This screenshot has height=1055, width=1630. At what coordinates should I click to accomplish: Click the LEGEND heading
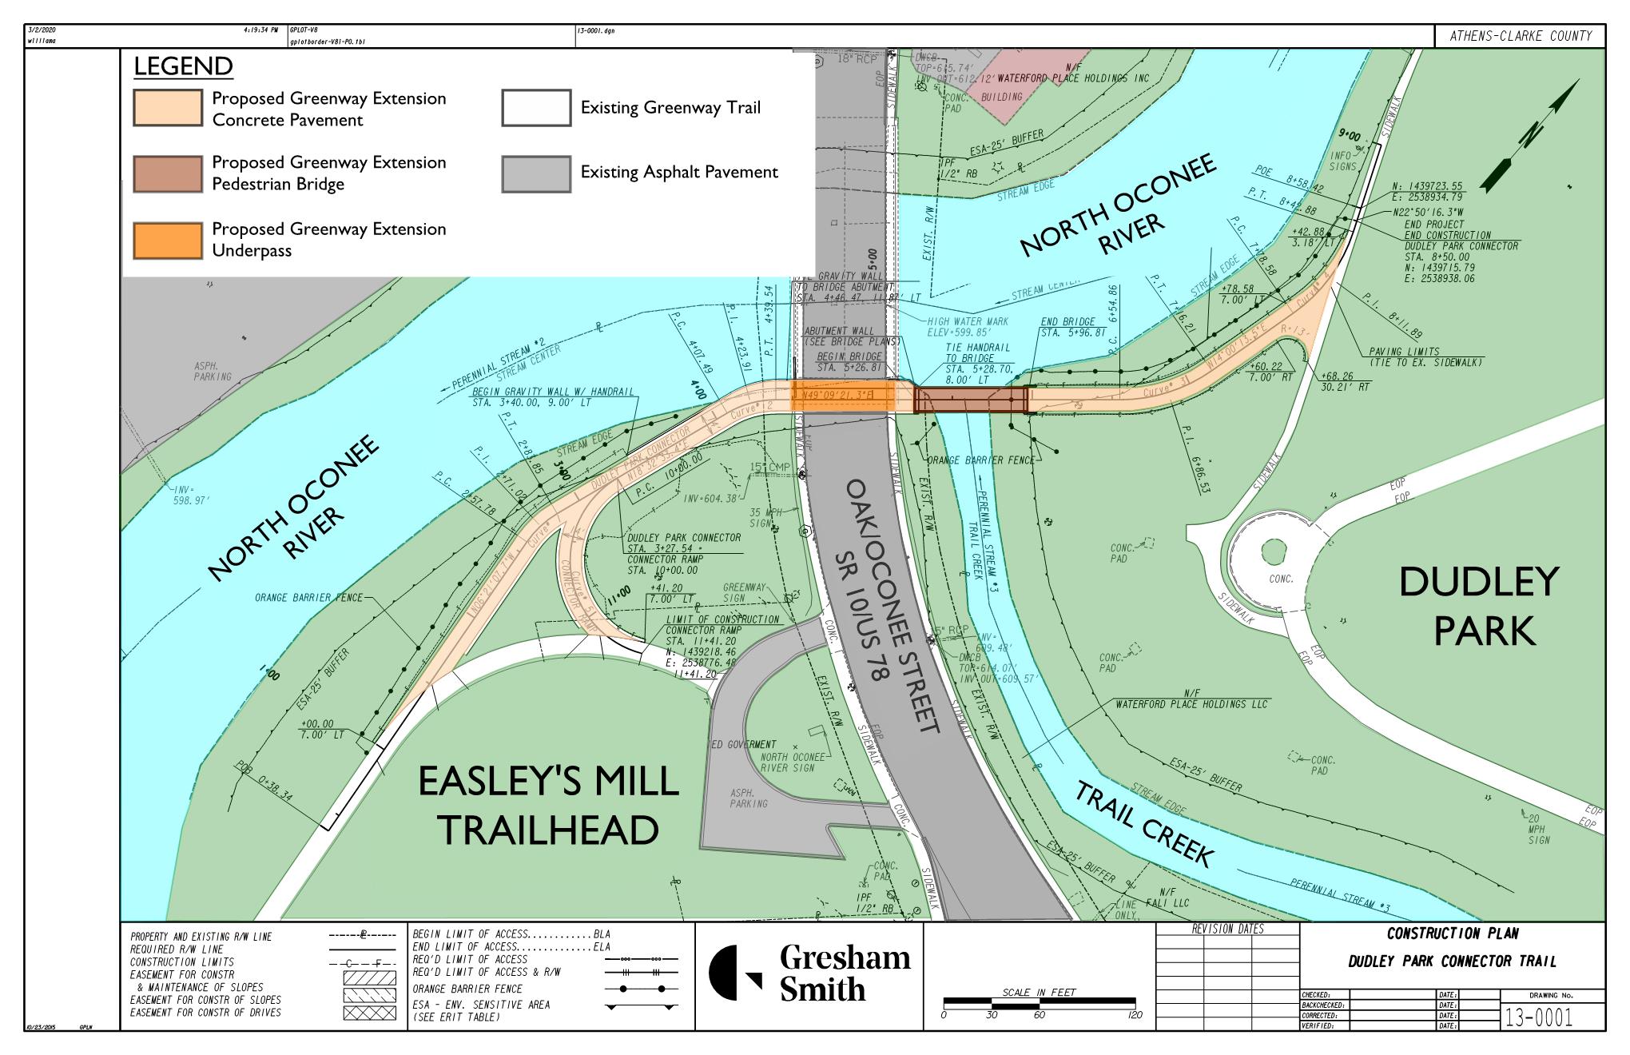point(183,66)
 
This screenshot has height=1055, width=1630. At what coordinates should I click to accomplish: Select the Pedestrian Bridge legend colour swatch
point(168,173)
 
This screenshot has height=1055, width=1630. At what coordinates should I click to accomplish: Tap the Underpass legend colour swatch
point(168,240)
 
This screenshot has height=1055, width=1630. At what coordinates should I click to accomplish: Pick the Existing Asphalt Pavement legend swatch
point(536,173)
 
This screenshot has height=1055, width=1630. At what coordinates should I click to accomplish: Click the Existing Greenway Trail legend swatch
point(536,108)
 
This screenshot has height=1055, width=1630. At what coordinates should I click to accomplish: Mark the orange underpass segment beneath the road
point(843,396)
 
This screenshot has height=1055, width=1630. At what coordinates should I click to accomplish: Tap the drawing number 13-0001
point(1538,1017)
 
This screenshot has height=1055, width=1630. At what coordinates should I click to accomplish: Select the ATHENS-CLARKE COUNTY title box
point(1520,36)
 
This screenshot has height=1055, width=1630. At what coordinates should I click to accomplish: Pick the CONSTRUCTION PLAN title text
point(1452,934)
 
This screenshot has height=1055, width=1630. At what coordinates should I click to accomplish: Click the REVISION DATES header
point(1227,930)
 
